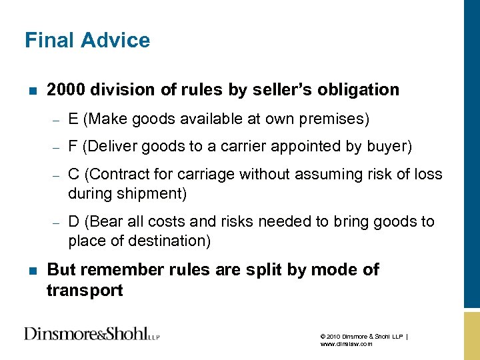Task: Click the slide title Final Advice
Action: pyautogui.click(x=87, y=41)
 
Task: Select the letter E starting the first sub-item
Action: pyautogui.click(x=72, y=119)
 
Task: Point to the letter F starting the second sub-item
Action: pyautogui.click(x=72, y=147)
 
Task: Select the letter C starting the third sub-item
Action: pyautogui.click(x=73, y=175)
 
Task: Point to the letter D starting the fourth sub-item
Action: pyautogui.click(x=73, y=222)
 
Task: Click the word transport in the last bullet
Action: pyautogui.click(x=85, y=291)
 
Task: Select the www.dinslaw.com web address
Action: pyautogui.click(x=346, y=344)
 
